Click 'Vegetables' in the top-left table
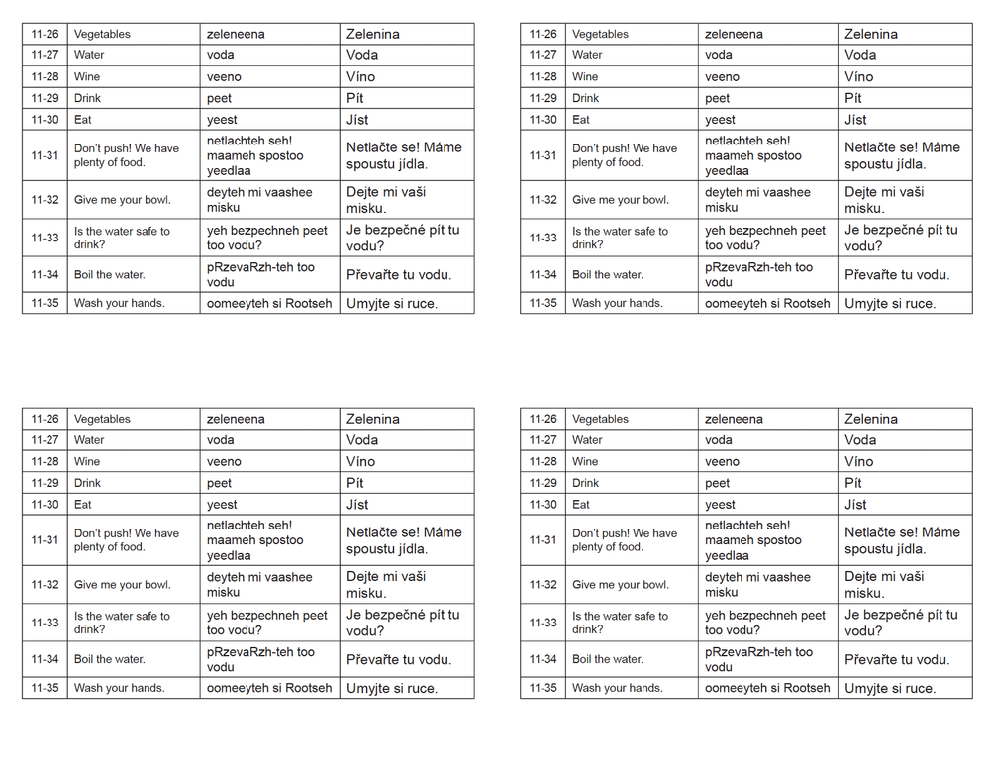pyautogui.click(x=102, y=34)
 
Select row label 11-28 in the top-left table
pyautogui.click(x=45, y=76)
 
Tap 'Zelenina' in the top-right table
pyautogui.click(x=871, y=34)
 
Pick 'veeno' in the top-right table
pyautogui.click(x=722, y=76)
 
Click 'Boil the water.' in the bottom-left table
pyautogui.click(x=109, y=659)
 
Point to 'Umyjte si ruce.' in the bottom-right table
pyautogui.click(x=890, y=688)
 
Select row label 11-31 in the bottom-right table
pyautogui.click(x=543, y=540)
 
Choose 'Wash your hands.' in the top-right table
pyautogui.click(x=617, y=303)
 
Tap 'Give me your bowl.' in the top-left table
pyautogui.click(x=122, y=200)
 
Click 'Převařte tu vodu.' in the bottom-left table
pyautogui.click(x=399, y=659)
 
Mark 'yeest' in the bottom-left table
pyautogui.click(x=222, y=505)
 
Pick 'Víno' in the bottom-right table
pyautogui.click(x=858, y=461)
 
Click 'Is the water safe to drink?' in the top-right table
pyautogui.click(x=620, y=238)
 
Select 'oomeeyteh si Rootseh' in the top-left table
pyautogui.click(x=269, y=303)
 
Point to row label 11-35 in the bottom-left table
pyautogui.click(x=45, y=688)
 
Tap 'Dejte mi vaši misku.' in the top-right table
pyautogui.click(x=884, y=200)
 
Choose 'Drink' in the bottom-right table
pyautogui.click(x=586, y=483)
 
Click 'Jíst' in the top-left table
pyautogui.click(x=357, y=120)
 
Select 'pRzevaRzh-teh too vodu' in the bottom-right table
pyautogui.click(x=758, y=659)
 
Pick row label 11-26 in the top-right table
pyautogui.click(x=543, y=34)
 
